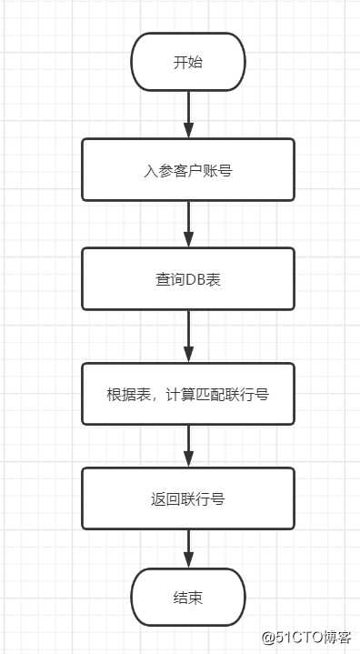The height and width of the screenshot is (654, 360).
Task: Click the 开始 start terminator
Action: [188, 62]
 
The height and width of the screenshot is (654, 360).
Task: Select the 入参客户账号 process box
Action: [188, 169]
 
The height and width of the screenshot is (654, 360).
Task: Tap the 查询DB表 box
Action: [188, 278]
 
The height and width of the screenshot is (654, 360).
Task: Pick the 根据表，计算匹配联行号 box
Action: [188, 394]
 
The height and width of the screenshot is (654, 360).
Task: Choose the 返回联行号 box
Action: [188, 498]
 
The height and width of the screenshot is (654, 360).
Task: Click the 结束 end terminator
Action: [188, 598]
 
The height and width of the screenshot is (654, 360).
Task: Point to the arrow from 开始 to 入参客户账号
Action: [188, 114]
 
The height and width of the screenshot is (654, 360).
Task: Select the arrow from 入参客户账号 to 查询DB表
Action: [188, 224]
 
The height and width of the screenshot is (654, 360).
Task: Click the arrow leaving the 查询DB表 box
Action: [188, 336]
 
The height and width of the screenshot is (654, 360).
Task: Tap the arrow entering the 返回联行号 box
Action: [188, 446]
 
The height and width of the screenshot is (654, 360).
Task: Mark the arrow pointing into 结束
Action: [188, 551]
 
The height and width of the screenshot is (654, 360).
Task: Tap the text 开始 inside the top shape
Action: [188, 62]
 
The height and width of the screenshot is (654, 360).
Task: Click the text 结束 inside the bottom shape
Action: [188, 598]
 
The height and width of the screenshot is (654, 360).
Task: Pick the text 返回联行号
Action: [188, 498]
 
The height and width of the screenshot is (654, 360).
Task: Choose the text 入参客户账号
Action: [188, 169]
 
